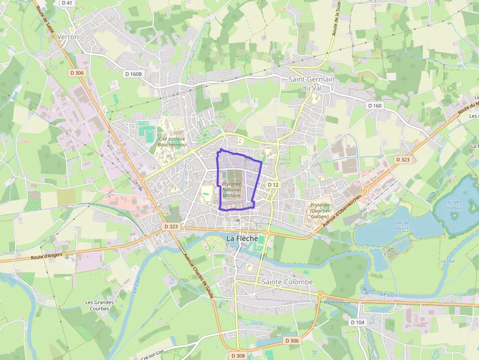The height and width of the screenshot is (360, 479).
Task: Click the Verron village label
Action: pyautogui.click(x=68, y=37)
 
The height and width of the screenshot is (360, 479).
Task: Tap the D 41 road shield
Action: pyautogui.click(x=67, y=3)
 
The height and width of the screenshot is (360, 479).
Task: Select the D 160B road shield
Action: pyautogui.click(x=133, y=74)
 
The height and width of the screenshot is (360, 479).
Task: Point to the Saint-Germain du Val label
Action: pyautogui.click(x=311, y=83)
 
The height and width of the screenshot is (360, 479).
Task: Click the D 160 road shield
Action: pyautogui.click(x=375, y=106)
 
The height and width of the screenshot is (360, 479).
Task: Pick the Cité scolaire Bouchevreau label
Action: pyautogui.click(x=172, y=142)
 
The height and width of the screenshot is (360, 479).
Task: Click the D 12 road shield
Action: pyautogui.click(x=273, y=185)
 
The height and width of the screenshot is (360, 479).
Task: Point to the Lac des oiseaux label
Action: pyautogui.click(x=454, y=206)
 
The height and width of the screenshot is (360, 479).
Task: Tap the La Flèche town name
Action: pyautogui.click(x=242, y=238)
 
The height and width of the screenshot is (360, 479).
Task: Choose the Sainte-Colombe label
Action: pyautogui.click(x=287, y=282)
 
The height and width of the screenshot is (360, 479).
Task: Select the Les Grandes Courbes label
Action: pyautogui.click(x=99, y=305)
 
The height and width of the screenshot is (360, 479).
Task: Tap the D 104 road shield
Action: pyautogui.click(x=357, y=322)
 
